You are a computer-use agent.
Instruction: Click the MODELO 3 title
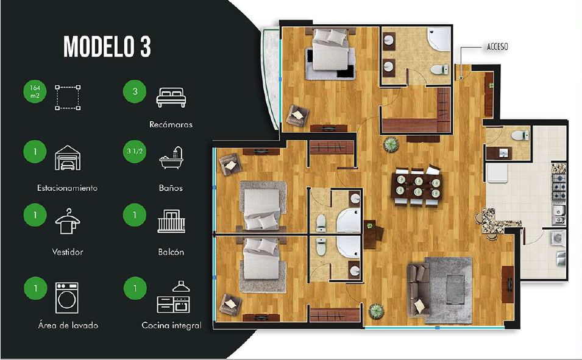(107, 46)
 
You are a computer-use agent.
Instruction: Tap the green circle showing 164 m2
(35, 91)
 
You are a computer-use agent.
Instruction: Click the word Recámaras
(171, 125)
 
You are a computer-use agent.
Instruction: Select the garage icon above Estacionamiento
(68, 158)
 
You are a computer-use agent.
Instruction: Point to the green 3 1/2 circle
(135, 151)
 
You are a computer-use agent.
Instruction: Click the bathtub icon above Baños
(171, 158)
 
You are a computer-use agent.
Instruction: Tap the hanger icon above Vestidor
(67, 221)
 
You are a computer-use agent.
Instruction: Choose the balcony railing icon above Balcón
(171, 221)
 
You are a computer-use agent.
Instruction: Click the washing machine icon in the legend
(67, 298)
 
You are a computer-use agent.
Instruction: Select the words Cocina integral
(171, 325)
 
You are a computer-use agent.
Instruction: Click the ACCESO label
(497, 47)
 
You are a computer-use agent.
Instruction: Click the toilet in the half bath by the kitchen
(520, 135)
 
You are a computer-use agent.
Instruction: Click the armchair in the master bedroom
(297, 115)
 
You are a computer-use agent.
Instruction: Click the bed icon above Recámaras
(171, 97)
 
